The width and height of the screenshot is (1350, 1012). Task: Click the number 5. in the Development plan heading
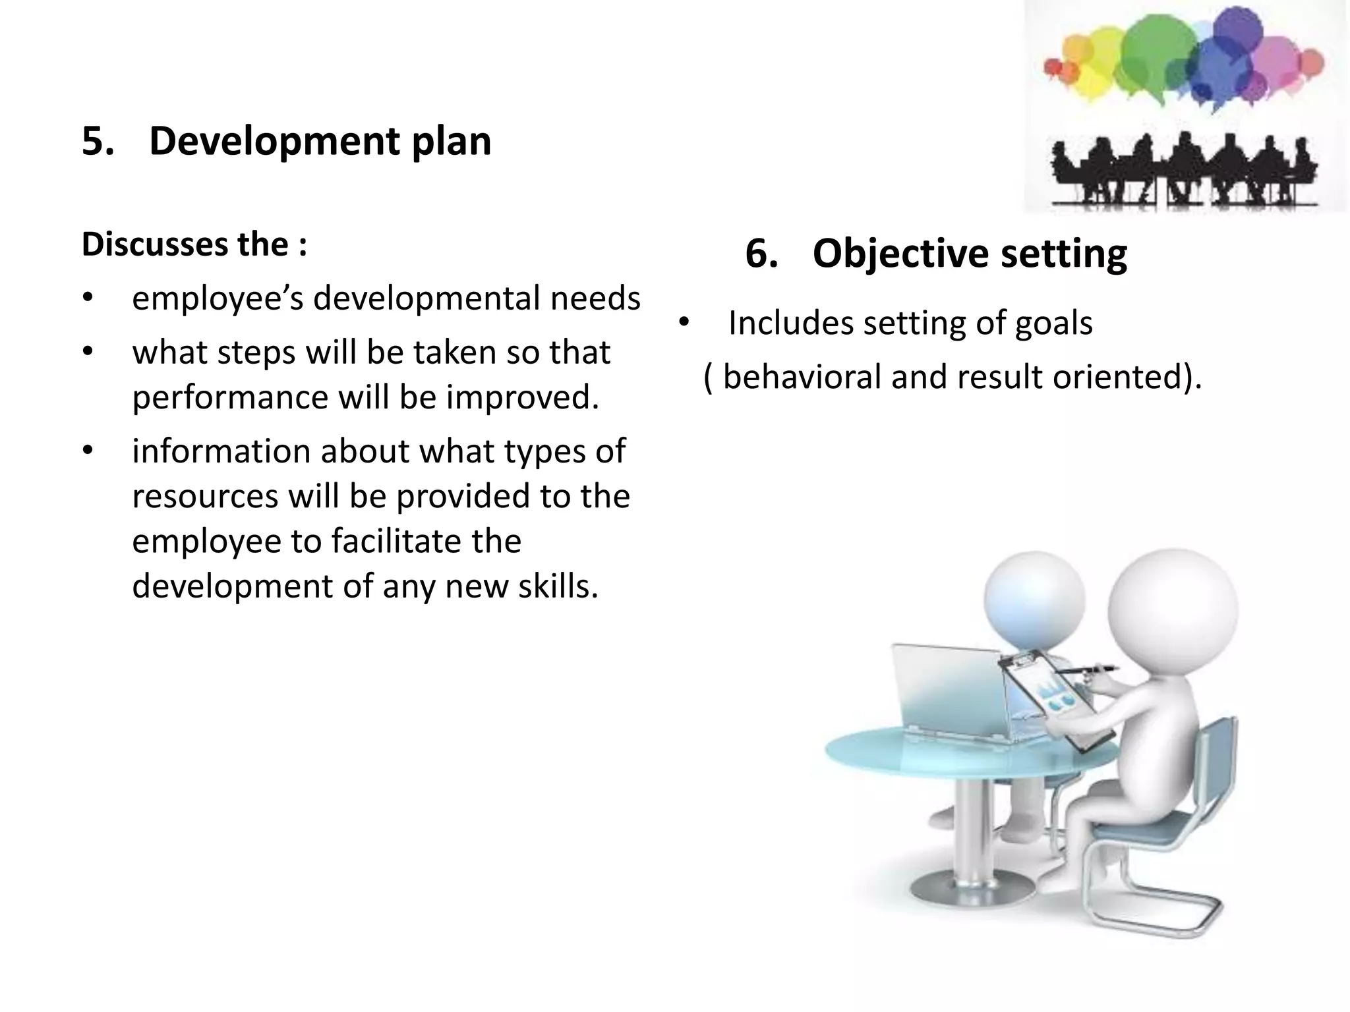tap(97, 141)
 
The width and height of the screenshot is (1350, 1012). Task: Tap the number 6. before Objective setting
tap(761, 253)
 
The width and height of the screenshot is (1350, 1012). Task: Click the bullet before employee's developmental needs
tap(88, 299)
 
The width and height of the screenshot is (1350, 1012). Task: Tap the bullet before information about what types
tap(88, 452)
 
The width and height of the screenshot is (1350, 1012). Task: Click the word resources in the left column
tap(205, 496)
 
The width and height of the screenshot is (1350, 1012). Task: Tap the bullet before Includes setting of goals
tap(684, 323)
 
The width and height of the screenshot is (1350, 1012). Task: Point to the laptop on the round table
tap(949, 692)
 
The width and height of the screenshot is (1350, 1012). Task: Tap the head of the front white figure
tap(1173, 609)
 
